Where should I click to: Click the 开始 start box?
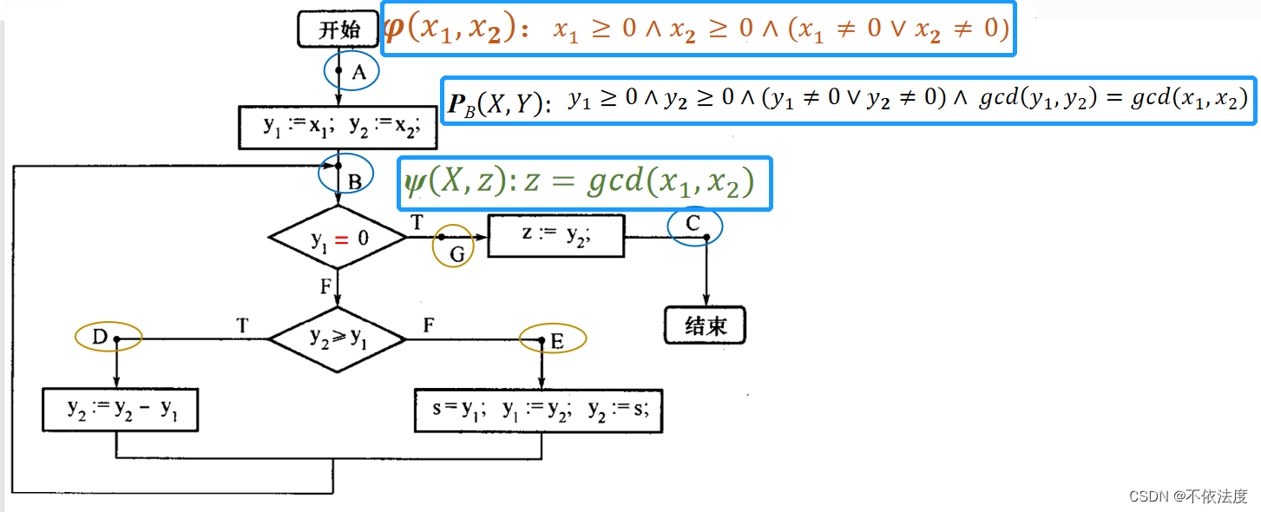[x=338, y=30]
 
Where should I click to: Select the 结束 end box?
[x=705, y=326]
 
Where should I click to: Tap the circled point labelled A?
[x=351, y=72]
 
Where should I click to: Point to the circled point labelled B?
[x=345, y=174]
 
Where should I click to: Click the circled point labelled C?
[x=695, y=226]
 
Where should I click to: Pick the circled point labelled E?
[x=552, y=339]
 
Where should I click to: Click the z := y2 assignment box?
[x=555, y=235]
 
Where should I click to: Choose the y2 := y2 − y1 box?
[x=121, y=410]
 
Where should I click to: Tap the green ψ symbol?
[x=415, y=182]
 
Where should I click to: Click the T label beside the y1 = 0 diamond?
[x=417, y=222]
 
